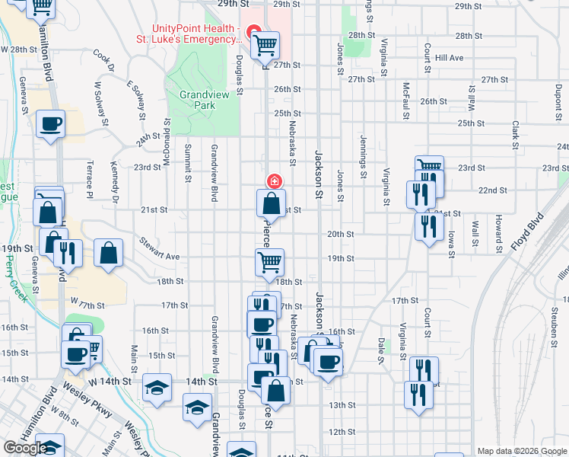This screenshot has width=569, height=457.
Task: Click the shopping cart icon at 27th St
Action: pyautogui.click(x=265, y=46)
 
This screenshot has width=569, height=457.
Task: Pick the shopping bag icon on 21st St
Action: pyautogui.click(x=272, y=203)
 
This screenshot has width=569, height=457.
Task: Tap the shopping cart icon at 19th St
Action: pyautogui.click(x=270, y=262)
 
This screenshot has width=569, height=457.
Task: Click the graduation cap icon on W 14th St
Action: pyautogui.click(x=157, y=388)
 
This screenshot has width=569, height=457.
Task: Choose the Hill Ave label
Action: pyautogui.click(x=449, y=58)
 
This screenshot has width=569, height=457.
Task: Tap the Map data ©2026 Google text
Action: pyautogui.click(x=521, y=451)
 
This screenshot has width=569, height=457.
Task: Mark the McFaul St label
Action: pyautogui.click(x=407, y=99)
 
